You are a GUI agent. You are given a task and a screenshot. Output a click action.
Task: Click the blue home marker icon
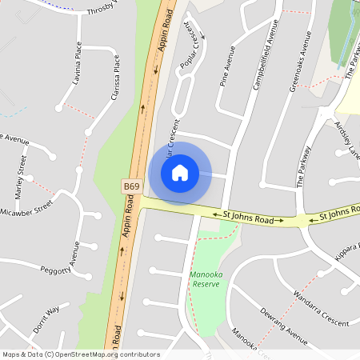[180, 172]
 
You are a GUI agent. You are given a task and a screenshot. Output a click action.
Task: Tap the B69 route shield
[133, 186]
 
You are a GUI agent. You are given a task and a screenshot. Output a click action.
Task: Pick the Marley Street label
[21, 178]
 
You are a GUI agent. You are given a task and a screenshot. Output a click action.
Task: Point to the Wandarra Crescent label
[320, 310]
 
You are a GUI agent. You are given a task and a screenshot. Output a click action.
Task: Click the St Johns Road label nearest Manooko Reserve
[248, 217]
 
